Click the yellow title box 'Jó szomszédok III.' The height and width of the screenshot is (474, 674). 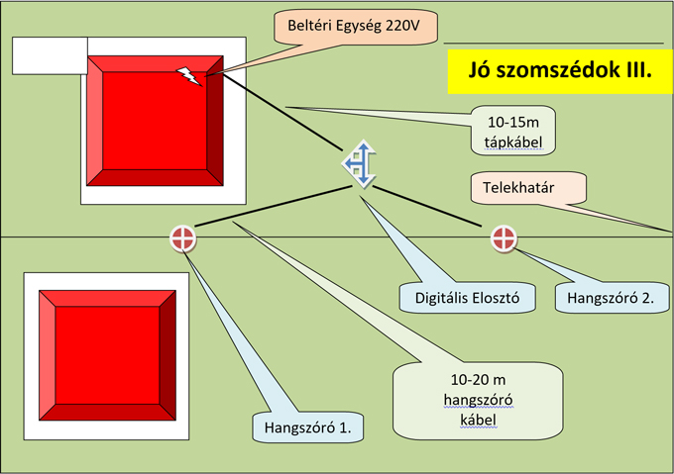pos(561,71)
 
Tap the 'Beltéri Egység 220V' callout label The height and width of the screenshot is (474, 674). pos(356,27)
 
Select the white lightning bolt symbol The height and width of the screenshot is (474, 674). pos(189,76)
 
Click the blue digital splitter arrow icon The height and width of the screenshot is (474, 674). pos(360,164)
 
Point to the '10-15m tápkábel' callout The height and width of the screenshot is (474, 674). pos(513,131)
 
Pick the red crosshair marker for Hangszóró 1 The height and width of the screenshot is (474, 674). pos(182,238)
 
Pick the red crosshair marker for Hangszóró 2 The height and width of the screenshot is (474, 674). pos(504,237)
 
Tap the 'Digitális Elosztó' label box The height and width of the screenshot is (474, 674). pos(467,298)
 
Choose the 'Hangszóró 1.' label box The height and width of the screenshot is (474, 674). pos(308,427)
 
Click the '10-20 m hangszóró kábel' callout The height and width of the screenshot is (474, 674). pos(478,401)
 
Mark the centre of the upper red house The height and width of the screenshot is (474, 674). pos(155,121)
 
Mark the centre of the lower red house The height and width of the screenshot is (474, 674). pos(107,355)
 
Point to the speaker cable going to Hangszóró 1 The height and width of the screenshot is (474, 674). pos(274,206)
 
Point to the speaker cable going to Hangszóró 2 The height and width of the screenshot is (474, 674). pos(427,207)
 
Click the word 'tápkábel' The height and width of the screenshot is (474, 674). pos(513,142)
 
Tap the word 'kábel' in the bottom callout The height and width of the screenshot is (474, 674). pos(478,420)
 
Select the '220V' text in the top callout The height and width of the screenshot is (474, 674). pos(402,26)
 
